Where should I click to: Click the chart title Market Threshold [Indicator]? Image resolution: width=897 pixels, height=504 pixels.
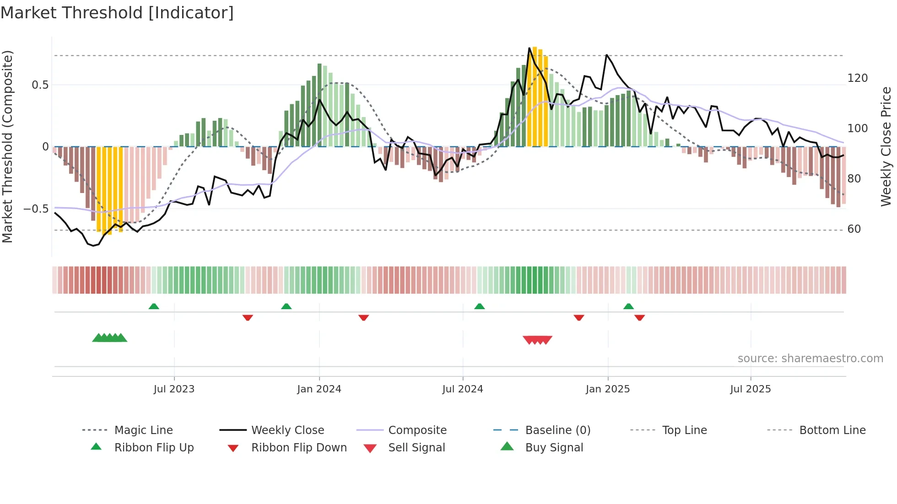pos(117,13)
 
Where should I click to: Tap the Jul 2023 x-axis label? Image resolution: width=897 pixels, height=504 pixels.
pos(174,389)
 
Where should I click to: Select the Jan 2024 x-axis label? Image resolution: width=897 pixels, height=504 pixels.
pos(319,389)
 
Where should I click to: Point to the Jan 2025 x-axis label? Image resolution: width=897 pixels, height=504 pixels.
pos(608,389)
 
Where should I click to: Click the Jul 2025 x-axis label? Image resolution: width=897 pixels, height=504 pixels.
pos(751,389)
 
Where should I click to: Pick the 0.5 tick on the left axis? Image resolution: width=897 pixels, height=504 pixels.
pos(40,85)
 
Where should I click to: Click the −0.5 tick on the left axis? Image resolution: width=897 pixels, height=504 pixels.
pos(36,209)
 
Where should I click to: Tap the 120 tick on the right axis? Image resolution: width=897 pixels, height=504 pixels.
pos(857,78)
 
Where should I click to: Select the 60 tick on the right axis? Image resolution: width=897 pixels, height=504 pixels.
pos(854,229)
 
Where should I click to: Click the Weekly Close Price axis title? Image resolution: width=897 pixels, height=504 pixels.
pos(886,146)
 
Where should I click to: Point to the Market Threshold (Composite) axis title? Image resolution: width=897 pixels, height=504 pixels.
pos(7,146)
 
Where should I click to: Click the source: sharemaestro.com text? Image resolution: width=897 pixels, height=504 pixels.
pos(810,359)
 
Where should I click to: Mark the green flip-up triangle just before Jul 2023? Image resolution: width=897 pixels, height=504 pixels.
pos(154,306)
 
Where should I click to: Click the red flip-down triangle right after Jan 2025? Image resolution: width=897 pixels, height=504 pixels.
pos(639,317)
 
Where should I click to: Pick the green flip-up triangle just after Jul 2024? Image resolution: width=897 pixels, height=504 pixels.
pos(479,306)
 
